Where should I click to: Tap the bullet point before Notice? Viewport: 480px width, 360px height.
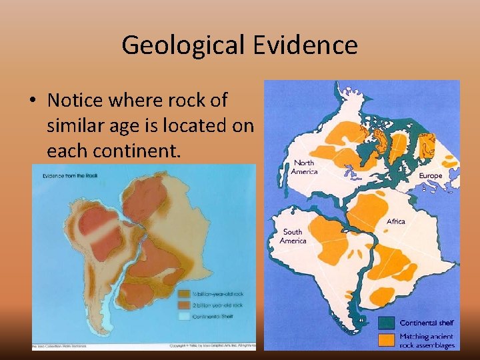pyautogui.click(x=32, y=101)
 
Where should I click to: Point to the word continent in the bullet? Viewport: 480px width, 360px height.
pyautogui.click(x=135, y=150)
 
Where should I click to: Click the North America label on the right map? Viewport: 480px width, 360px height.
pyautogui.click(x=303, y=167)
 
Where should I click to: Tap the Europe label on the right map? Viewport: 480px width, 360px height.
pyautogui.click(x=430, y=176)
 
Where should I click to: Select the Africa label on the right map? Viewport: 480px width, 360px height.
pyautogui.click(x=395, y=221)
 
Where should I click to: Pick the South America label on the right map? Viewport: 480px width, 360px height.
pyautogui.click(x=293, y=236)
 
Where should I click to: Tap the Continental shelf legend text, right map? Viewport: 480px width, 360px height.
pyautogui.click(x=427, y=323)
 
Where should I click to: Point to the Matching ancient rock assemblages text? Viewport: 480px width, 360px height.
pyautogui.click(x=427, y=341)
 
